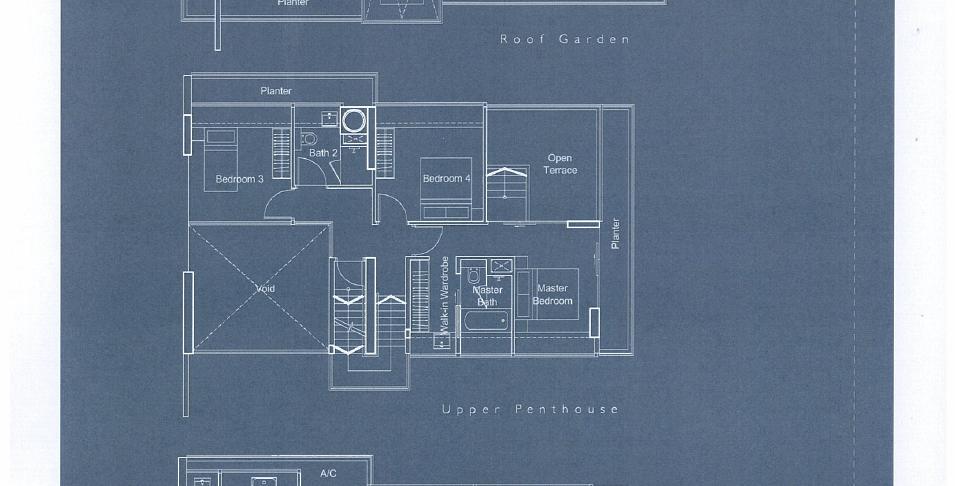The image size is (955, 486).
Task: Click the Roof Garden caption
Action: click(x=565, y=40)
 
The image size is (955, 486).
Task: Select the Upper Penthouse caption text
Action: click(x=530, y=409)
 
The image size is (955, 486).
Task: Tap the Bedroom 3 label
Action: click(x=239, y=179)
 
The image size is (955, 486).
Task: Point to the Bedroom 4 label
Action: click(x=446, y=178)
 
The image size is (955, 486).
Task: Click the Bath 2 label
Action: click(x=323, y=153)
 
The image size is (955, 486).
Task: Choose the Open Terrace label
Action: click(x=560, y=164)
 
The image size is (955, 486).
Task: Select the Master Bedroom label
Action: click(x=552, y=295)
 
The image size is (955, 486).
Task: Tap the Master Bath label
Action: click(x=487, y=296)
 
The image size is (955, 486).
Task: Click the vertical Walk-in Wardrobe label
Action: click(x=445, y=294)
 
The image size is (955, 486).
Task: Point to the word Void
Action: click(x=265, y=289)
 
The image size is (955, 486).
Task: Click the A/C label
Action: click(x=328, y=473)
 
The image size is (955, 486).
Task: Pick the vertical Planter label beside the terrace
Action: click(x=616, y=233)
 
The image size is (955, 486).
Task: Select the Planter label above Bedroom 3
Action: click(x=276, y=91)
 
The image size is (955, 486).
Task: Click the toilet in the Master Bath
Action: click(x=473, y=276)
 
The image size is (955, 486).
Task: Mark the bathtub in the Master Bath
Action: click(x=485, y=320)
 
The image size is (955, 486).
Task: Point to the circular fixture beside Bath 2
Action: click(x=353, y=121)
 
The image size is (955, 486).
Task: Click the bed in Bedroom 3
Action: click(x=220, y=160)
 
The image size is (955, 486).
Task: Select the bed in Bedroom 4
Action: click(x=446, y=188)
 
